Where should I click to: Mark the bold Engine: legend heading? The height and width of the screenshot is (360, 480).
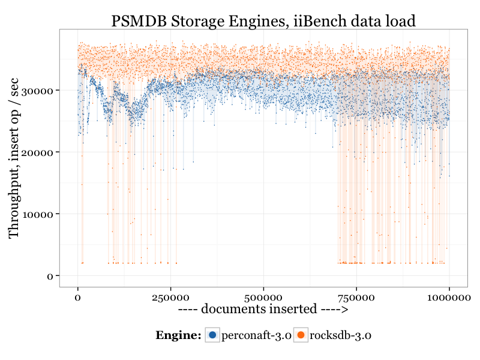(x=178, y=335)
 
